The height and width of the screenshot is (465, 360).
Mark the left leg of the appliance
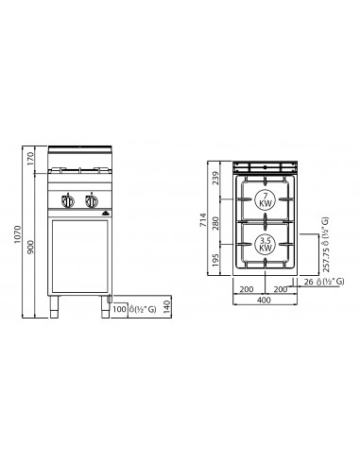tap(53, 304)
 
